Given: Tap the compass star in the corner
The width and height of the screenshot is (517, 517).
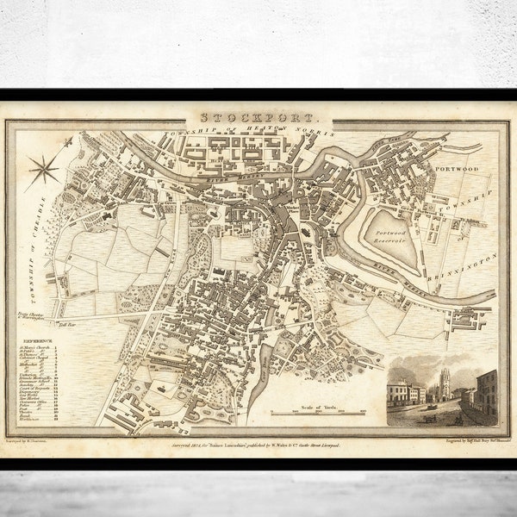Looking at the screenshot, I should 42,170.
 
